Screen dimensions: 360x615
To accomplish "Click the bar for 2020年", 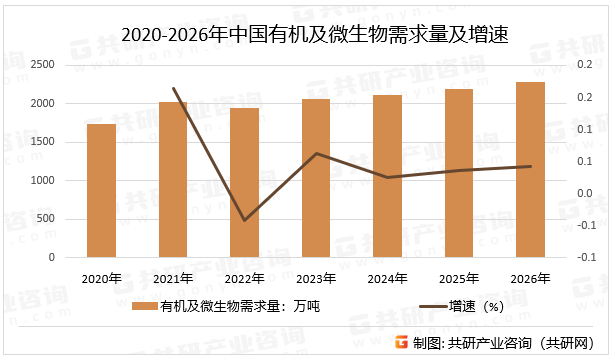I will (101, 190).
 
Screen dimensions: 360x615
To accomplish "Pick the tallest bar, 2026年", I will (530, 169).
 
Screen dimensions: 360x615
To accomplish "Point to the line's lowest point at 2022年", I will (245, 220).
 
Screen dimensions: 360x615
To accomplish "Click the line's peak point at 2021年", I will (173, 88).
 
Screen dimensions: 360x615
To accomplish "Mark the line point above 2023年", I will (316, 153).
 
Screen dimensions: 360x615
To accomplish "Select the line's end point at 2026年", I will (530, 166).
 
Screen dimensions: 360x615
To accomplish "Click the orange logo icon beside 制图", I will (401, 342).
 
